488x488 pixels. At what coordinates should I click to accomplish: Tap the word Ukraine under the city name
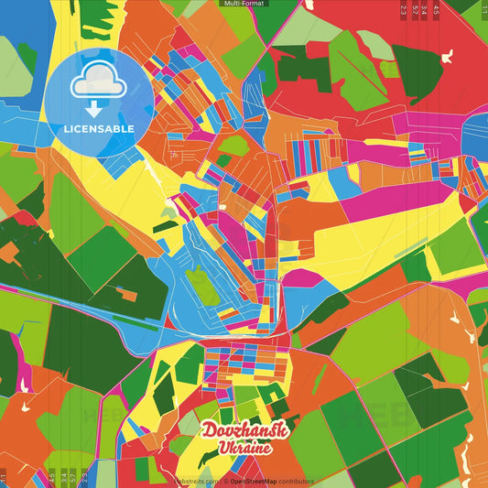(x=244, y=449)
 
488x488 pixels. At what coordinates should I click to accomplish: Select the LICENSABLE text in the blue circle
(x=98, y=129)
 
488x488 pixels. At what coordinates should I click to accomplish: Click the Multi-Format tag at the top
(x=244, y=4)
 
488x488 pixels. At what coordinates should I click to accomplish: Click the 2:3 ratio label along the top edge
(x=404, y=9)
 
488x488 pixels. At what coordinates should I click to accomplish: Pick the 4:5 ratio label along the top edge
(x=437, y=9)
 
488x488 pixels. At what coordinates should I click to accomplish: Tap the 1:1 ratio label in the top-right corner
(x=483, y=9)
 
